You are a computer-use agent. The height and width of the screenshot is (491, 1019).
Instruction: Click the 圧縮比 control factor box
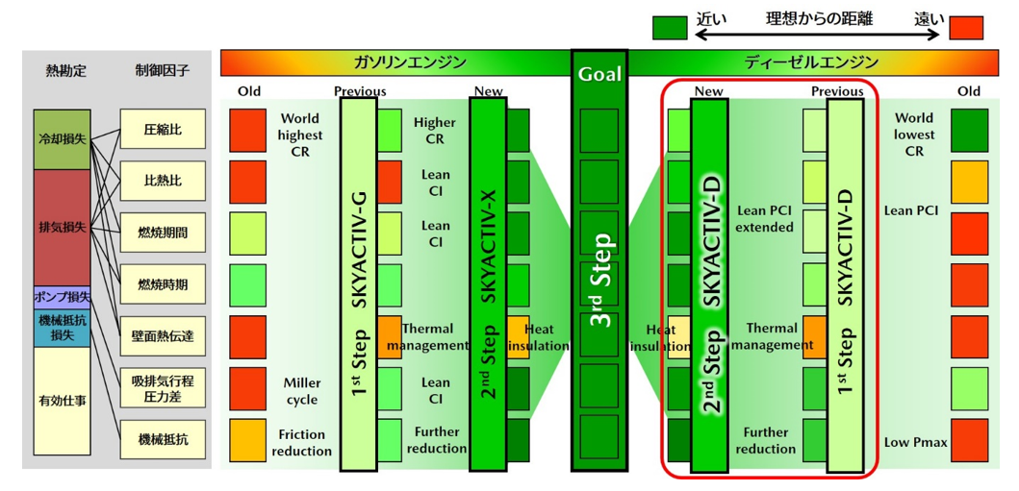pos(162,129)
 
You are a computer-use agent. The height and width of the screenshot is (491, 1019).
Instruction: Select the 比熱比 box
pos(162,181)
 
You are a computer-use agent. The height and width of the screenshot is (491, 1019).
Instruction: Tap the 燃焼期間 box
pos(162,233)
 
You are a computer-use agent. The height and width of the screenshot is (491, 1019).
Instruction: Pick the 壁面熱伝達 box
pos(162,336)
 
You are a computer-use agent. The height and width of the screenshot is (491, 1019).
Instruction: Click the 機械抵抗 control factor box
pos(162,440)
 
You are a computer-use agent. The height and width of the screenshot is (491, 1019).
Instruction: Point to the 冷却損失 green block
pos(61,139)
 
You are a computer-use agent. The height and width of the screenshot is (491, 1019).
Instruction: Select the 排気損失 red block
pos(61,227)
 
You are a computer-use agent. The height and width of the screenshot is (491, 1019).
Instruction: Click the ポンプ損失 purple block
pos(61,297)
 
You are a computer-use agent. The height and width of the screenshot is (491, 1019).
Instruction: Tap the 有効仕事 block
pos(61,401)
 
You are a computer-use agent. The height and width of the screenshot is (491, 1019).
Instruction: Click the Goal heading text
pos(599,74)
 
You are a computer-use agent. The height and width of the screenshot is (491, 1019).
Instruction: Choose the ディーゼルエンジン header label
pos(811,63)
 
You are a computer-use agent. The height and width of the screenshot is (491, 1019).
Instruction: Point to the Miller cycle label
pos(301,391)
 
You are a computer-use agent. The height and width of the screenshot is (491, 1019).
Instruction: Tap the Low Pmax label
pos(916,442)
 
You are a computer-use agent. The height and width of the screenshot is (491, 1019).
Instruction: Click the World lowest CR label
pos(914,135)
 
